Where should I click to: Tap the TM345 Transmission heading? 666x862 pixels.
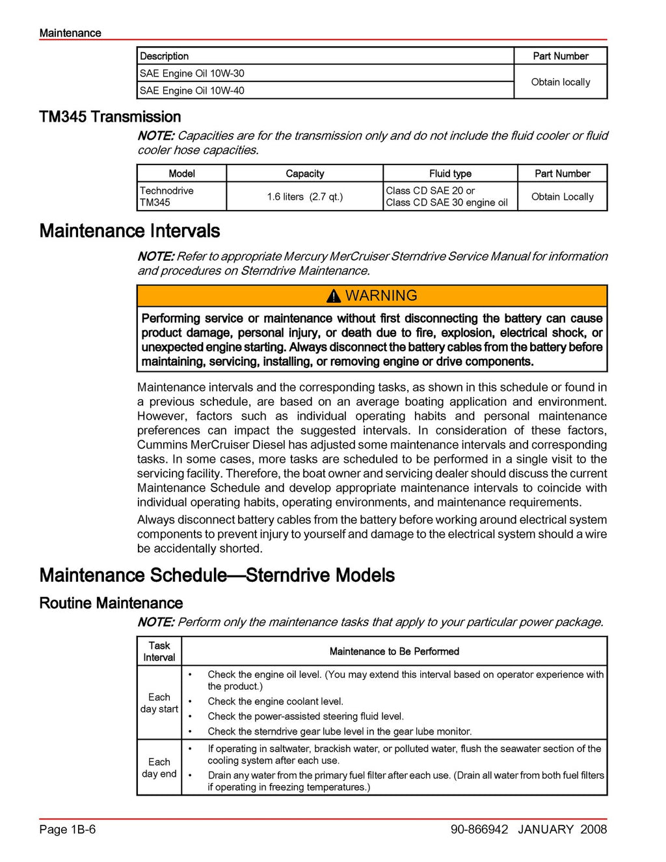(x=110, y=117)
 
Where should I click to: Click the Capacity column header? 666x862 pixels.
(x=304, y=174)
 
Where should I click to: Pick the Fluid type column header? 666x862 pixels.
(x=450, y=174)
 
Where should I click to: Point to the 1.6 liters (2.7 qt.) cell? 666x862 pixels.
(x=304, y=196)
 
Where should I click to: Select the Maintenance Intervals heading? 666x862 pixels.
(x=129, y=231)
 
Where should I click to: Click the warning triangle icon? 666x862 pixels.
(x=334, y=296)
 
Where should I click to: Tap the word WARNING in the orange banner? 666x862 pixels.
(x=381, y=296)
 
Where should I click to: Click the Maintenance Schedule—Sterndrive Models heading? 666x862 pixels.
(x=217, y=575)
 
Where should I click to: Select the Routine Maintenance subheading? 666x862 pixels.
(x=111, y=603)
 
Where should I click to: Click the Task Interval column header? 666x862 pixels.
(x=159, y=651)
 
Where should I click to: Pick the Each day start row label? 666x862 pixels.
(x=159, y=703)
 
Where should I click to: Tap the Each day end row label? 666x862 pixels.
(x=159, y=768)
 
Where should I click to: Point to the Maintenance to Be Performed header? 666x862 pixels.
(x=394, y=651)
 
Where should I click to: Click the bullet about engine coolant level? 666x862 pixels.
(x=275, y=701)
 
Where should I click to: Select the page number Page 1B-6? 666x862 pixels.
(x=68, y=829)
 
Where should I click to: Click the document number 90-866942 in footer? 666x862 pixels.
(x=479, y=829)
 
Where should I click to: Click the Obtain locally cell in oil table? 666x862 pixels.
(x=561, y=82)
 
